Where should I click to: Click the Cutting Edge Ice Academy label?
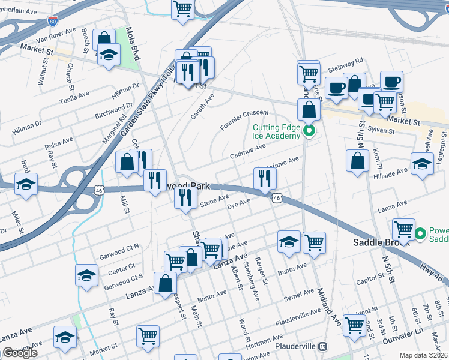[276, 131]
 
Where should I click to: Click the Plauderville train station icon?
[323, 347]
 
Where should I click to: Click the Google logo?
[20, 353]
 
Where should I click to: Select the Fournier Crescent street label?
[244, 118]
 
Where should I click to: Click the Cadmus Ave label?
[248, 151]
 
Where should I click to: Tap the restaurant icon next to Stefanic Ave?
[265, 177]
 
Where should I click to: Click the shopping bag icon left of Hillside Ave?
[358, 160]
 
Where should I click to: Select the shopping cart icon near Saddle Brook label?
[403, 229]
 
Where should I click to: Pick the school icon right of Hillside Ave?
[422, 163]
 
